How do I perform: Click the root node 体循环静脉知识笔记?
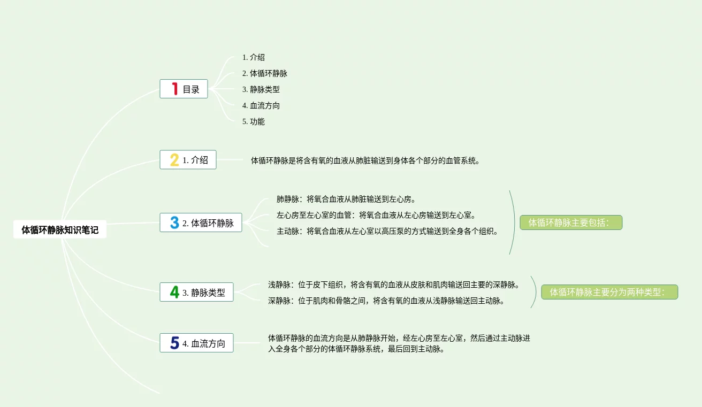(60, 230)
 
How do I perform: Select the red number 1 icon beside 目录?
(174, 89)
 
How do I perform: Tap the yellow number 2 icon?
(174, 159)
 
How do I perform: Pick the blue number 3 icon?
(174, 222)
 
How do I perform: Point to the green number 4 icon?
(174, 292)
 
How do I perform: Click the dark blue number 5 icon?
(174, 343)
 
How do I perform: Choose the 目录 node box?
(184, 89)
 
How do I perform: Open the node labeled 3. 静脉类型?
(196, 292)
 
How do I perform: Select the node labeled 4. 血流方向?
(196, 343)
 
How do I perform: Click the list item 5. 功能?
(253, 121)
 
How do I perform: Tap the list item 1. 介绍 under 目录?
(253, 57)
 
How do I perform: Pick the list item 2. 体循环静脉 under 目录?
(264, 73)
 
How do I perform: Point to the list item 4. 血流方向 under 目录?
(261, 105)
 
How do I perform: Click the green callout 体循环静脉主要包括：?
(571, 222)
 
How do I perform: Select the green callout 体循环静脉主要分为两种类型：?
(609, 292)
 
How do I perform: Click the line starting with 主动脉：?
(388, 231)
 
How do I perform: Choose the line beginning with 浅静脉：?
(394, 285)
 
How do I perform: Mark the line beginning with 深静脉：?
(386, 301)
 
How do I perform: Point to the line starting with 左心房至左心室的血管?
(376, 215)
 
